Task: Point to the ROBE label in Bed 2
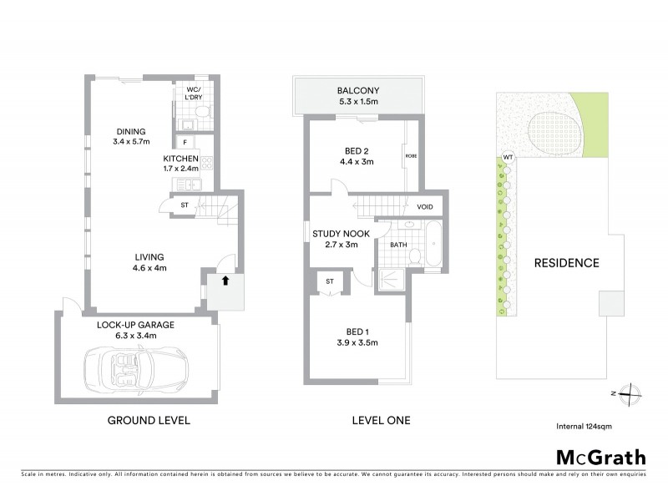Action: coord(411,156)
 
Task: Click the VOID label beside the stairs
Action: coord(424,206)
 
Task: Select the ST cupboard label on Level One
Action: coord(330,281)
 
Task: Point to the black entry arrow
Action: coord(225,281)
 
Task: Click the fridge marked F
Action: coord(185,143)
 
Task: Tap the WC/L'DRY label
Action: coord(193,93)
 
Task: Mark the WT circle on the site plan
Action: coord(508,157)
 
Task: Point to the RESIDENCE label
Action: coord(566,262)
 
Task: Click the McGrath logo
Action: coord(600,457)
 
